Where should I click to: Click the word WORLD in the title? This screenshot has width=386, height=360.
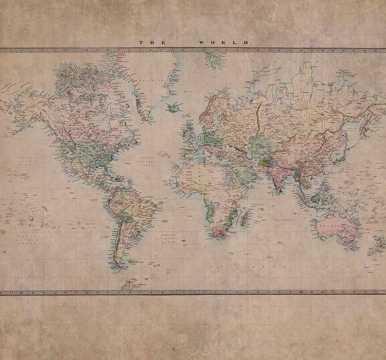pos(224,43)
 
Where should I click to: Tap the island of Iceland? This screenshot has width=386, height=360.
pos(173,108)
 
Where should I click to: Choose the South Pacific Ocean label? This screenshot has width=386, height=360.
pos(28,240)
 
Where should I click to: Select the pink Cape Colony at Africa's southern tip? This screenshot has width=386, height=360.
pos(218,232)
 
